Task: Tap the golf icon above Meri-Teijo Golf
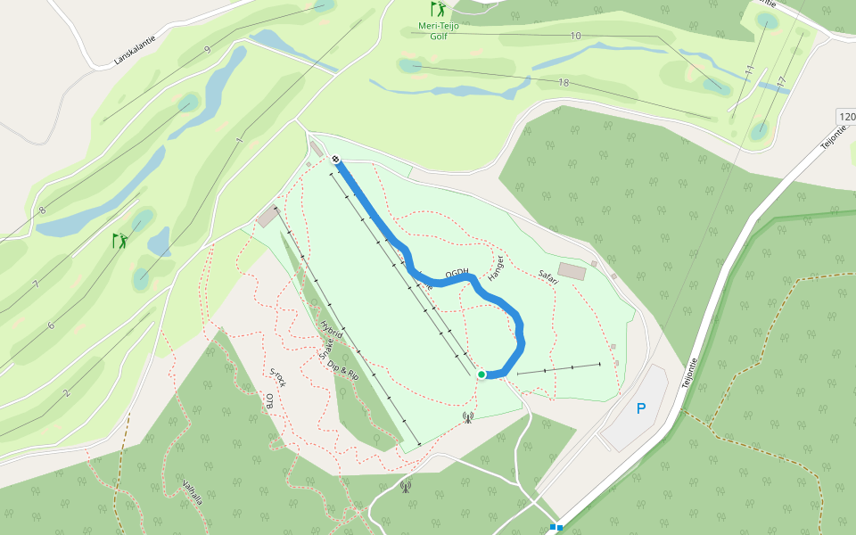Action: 438,10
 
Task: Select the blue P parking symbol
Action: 640,409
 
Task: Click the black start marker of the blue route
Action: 335,160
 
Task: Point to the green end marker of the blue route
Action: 481,374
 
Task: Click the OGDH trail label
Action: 456,273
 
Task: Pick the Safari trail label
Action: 547,277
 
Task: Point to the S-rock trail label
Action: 278,376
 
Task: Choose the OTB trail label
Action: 269,401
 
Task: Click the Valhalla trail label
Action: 192,493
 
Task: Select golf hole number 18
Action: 563,83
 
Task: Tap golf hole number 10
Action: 575,36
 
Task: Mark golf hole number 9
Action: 207,50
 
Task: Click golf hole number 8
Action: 42,210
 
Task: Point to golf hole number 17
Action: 781,81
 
